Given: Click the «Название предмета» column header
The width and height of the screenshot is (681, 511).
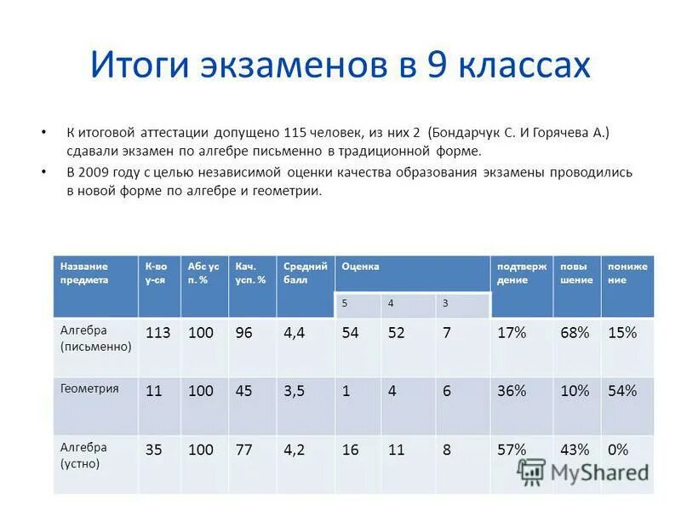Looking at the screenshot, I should (84, 273).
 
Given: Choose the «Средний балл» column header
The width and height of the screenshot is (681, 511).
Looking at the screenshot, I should (305, 273).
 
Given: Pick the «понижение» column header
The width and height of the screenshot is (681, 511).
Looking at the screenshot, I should (627, 273).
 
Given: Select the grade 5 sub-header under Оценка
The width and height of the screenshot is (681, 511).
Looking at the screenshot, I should (345, 303).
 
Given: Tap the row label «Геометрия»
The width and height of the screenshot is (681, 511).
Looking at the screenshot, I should (89, 388).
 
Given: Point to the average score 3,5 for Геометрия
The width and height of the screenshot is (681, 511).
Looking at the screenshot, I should (294, 391).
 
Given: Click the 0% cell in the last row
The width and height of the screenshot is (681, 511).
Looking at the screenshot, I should (618, 449).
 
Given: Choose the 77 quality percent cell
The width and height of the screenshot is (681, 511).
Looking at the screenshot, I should (243, 449).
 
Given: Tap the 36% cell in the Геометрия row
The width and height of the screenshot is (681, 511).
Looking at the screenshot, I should (511, 391).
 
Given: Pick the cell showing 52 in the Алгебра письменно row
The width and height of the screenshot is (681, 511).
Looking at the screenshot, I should (396, 333).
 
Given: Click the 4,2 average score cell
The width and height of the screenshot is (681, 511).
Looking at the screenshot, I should (294, 449).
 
